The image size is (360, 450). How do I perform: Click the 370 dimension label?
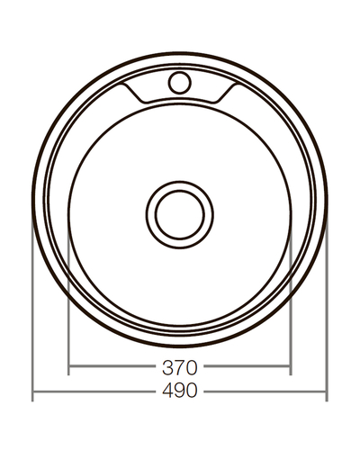(179, 367)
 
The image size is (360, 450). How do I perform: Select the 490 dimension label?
(179, 393)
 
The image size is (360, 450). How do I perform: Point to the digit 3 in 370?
(166, 367)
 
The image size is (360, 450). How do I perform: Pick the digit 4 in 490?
(166, 393)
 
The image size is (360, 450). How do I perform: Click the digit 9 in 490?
(179, 393)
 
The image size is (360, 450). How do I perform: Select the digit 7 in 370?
(179, 367)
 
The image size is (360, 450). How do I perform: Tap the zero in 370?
(192, 367)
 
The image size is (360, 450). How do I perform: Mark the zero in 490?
(192, 393)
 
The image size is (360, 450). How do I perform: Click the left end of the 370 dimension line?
(69, 367)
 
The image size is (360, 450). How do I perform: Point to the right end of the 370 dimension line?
(290, 367)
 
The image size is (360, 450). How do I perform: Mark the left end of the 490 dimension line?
(33, 393)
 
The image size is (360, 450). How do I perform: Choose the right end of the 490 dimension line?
(326, 393)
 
